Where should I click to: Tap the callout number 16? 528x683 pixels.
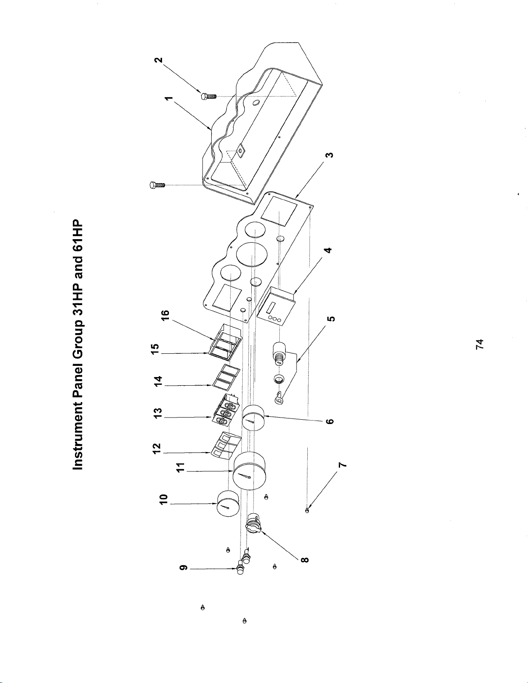click(166, 315)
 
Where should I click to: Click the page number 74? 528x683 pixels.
click(479, 344)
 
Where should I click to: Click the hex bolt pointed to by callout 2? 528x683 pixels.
click(208, 96)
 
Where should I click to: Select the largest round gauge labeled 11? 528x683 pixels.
click(249, 471)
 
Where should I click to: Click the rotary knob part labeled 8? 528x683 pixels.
click(253, 524)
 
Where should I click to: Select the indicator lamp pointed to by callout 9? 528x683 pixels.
click(241, 568)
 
